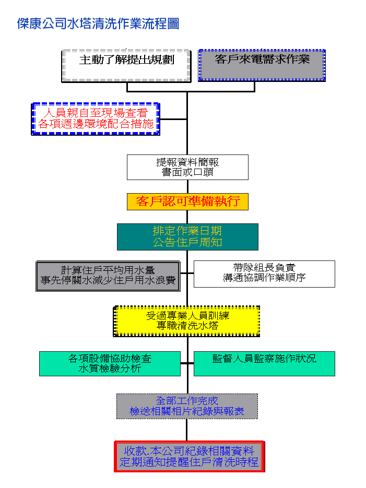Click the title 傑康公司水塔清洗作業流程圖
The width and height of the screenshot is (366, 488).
tap(98, 23)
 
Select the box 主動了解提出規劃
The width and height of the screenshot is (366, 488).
tap(126, 59)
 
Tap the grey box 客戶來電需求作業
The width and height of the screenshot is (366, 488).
tap(262, 59)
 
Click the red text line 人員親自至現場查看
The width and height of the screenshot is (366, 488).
tap(96, 113)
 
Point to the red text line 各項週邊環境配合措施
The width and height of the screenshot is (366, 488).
tap(96, 124)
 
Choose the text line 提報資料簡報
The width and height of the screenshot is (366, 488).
tap(187, 162)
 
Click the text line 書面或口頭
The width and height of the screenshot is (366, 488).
tap(187, 172)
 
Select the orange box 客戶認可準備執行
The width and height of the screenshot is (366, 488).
tap(187, 201)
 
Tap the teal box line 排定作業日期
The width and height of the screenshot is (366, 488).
tap(187, 231)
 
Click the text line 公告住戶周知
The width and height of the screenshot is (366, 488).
tap(187, 242)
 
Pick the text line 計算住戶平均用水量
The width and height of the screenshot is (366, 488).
tap(108, 270)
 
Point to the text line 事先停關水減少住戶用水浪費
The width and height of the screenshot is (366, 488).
tap(108, 280)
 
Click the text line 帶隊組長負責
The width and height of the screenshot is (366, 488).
tap(264, 268)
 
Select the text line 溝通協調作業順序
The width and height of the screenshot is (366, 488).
tap(264, 278)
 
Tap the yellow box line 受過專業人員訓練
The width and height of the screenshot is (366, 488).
tap(187, 316)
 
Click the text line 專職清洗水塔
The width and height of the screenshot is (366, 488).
tap(187, 326)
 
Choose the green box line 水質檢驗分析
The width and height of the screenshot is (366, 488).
tap(110, 368)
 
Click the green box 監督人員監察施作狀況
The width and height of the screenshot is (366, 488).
tap(264, 359)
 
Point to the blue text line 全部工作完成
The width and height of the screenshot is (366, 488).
tap(187, 401)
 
